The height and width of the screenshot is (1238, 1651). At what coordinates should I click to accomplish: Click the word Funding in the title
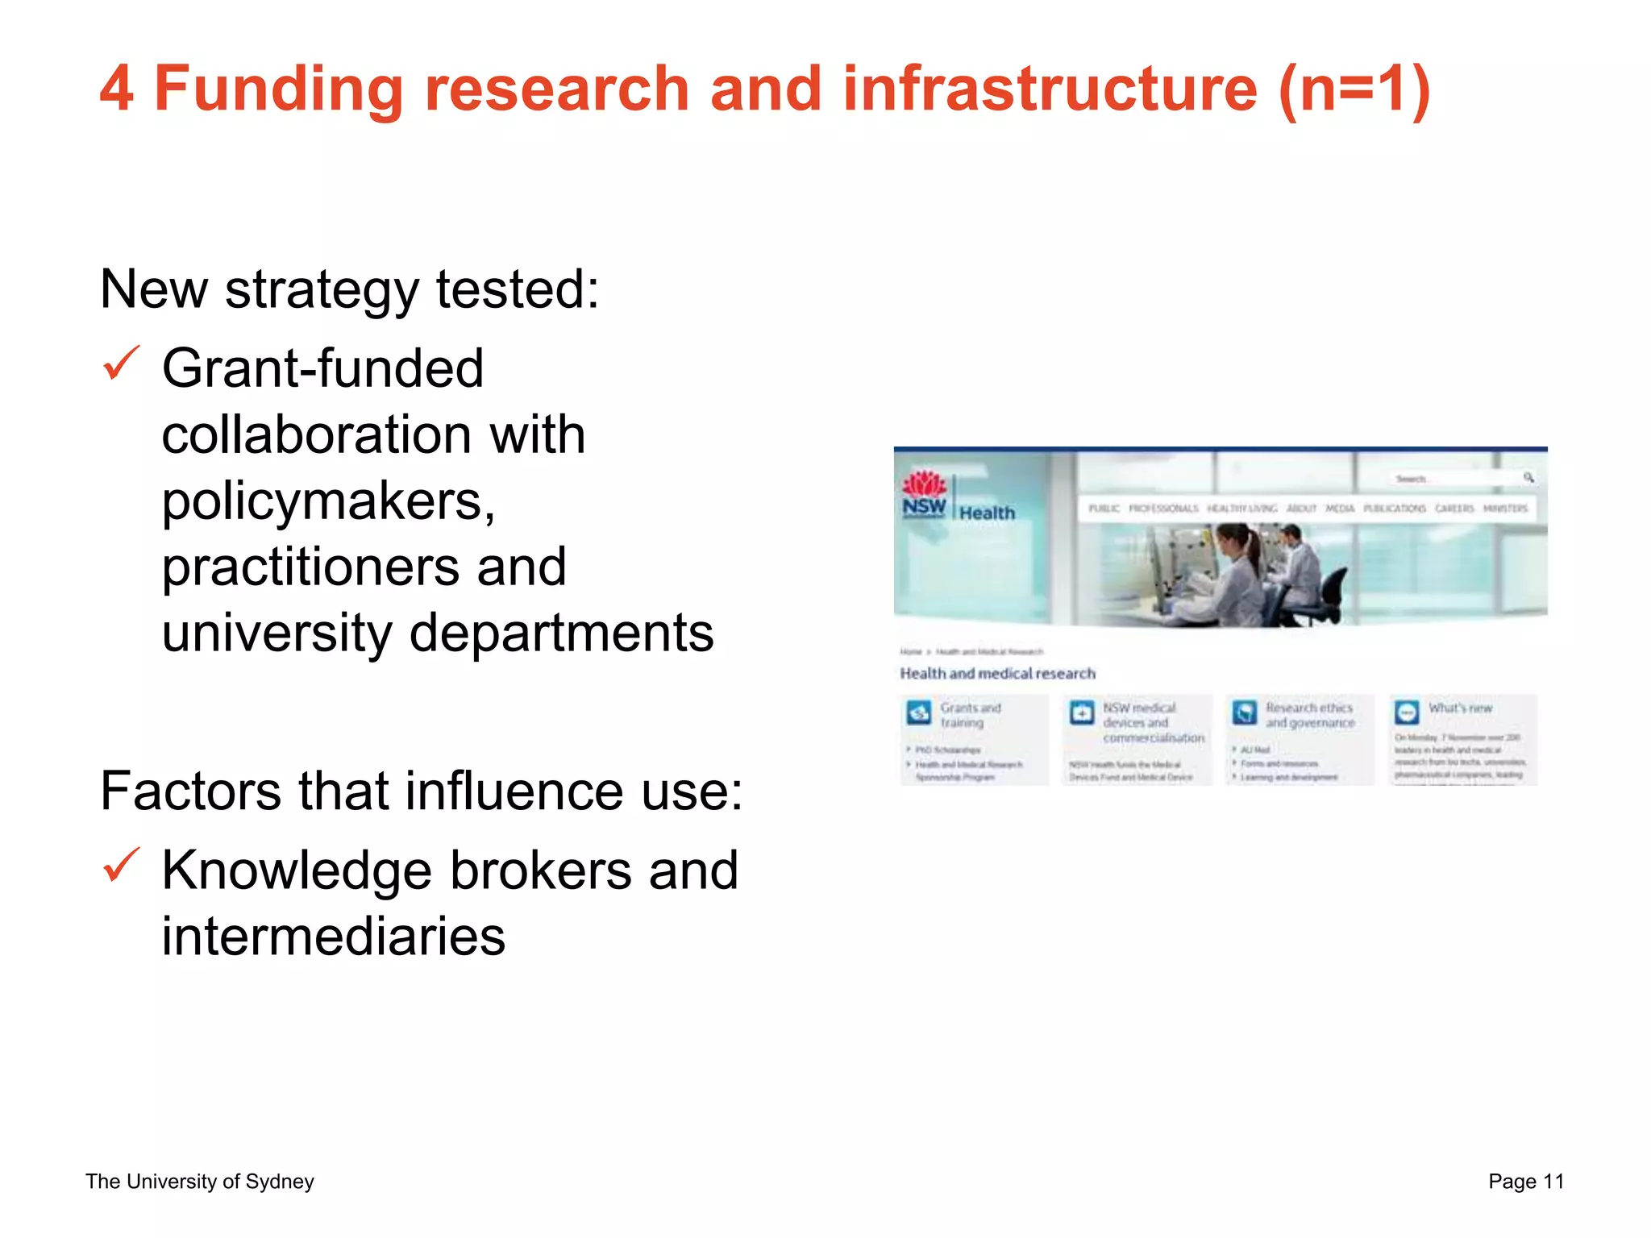[x=278, y=89]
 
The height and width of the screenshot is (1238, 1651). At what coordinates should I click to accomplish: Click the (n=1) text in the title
[x=1354, y=89]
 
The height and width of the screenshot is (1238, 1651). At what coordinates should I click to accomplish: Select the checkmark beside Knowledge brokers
[x=122, y=866]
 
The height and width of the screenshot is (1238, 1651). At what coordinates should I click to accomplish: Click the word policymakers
[x=328, y=501]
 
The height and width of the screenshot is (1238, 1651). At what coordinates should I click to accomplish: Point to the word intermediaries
[x=333, y=937]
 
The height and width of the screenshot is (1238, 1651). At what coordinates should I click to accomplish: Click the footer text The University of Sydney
[x=199, y=1182]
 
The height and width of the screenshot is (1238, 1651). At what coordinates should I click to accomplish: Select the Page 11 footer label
[x=1526, y=1182]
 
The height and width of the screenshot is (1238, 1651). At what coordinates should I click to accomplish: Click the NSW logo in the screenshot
[x=924, y=495]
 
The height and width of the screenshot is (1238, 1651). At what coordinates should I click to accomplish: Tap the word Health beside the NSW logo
[x=987, y=513]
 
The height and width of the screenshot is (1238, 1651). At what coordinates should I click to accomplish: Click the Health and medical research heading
[x=997, y=673]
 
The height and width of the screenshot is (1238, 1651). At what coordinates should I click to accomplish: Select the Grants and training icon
[x=919, y=712]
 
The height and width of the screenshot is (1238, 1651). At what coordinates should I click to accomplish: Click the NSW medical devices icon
[x=1082, y=712]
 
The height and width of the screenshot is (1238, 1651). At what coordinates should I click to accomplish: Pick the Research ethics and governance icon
[x=1245, y=712]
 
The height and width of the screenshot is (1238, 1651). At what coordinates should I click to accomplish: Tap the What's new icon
[x=1408, y=712]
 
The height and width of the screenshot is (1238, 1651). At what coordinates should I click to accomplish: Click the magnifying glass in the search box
[x=1528, y=478]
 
